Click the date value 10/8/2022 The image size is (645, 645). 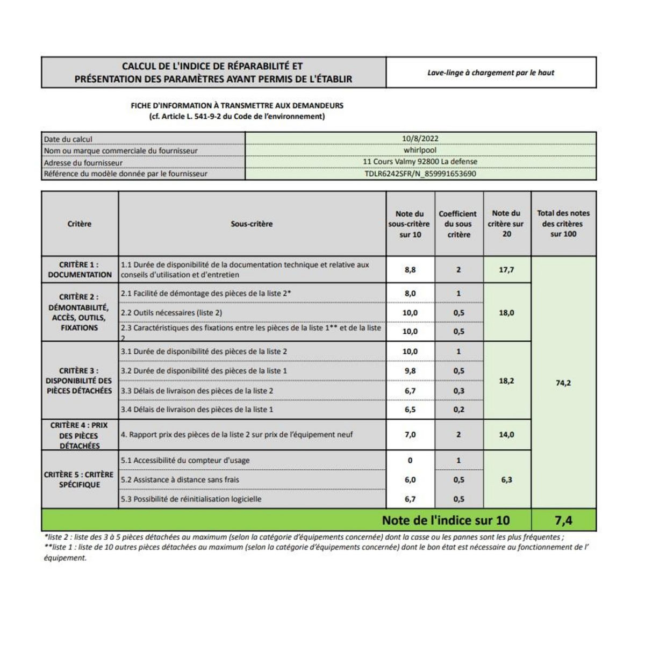420,139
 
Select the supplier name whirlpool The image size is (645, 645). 420,150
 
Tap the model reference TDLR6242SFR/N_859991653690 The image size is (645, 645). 420,174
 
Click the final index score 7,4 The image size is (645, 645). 563,520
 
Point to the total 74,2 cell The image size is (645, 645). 563,383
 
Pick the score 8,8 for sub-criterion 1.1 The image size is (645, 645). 410,270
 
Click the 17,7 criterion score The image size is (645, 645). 506,270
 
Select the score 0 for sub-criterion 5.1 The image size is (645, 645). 410,460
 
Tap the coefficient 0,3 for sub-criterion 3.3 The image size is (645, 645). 458,391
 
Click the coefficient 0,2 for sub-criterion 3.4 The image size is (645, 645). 458,410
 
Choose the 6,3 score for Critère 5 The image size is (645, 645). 506,479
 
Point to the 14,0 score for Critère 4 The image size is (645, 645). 506,434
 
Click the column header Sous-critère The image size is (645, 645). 252,224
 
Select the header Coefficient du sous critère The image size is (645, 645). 458,224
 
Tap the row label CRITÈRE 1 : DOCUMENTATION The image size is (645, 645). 80,270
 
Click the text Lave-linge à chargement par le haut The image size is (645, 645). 491,73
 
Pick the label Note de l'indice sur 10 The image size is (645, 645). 446,520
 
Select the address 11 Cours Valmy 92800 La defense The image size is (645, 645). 420,162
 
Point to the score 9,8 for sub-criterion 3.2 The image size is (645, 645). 410,371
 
